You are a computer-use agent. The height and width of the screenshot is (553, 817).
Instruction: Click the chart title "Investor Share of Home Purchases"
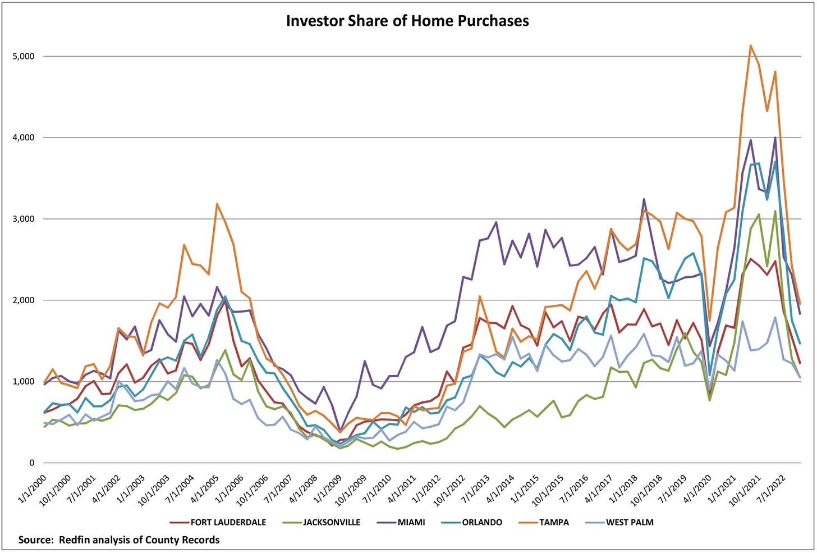tap(407, 21)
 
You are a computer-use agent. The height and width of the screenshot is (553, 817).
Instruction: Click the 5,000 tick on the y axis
tap(24, 56)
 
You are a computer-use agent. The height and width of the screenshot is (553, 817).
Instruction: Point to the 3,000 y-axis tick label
tap(24, 219)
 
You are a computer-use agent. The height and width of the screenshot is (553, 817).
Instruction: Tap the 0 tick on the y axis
tap(32, 463)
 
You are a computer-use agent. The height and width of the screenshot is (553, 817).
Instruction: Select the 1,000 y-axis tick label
tap(24, 382)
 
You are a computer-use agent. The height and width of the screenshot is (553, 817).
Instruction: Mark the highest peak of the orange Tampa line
tap(750, 45)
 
